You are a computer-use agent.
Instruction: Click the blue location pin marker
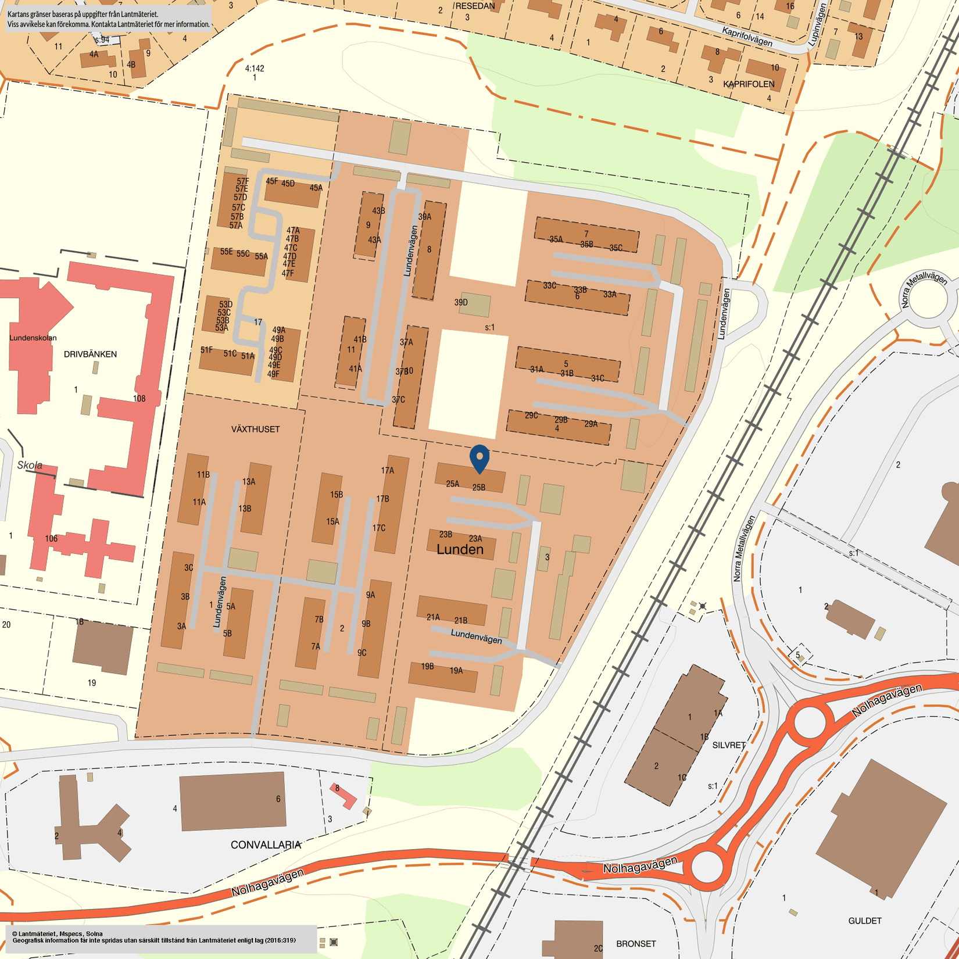pyautogui.click(x=479, y=458)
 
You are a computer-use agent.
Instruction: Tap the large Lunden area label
pyautogui.click(x=460, y=549)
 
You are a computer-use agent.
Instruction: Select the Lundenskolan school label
pyautogui.click(x=33, y=338)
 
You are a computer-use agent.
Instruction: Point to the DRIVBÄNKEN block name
pyautogui.click(x=90, y=354)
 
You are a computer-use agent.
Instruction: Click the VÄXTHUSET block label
pyautogui.click(x=255, y=429)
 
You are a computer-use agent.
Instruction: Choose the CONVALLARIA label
pyautogui.click(x=266, y=845)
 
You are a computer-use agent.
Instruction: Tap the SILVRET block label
pyautogui.click(x=729, y=745)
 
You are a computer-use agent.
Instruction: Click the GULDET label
pyautogui.click(x=865, y=921)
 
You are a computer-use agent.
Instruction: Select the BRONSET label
pyautogui.click(x=636, y=944)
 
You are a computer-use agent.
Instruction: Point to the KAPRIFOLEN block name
pyautogui.click(x=749, y=84)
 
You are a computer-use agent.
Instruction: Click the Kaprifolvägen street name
pyautogui.click(x=747, y=37)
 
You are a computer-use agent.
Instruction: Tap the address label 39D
pyautogui.click(x=461, y=302)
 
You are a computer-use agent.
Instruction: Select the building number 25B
pyautogui.click(x=478, y=488)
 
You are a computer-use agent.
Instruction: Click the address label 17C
pyautogui.click(x=379, y=528)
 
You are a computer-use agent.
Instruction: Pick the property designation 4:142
pyautogui.click(x=255, y=69)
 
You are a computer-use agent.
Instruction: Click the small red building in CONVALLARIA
pyautogui.click(x=343, y=796)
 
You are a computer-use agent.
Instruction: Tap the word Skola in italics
pyautogui.click(x=30, y=465)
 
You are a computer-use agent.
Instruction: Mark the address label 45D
pyautogui.click(x=288, y=184)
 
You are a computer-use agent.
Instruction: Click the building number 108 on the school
pyautogui.click(x=139, y=399)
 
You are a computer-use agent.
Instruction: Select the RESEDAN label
pyautogui.click(x=475, y=6)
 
